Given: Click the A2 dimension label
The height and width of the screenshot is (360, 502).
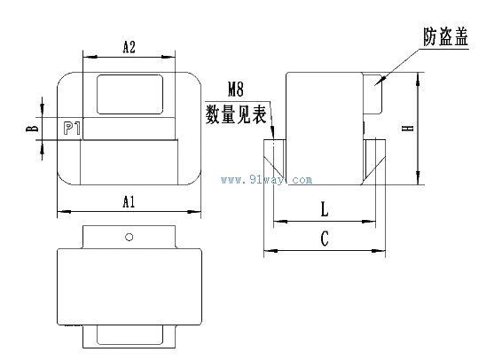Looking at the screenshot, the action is [129, 47].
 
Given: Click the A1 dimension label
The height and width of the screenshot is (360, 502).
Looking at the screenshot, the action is [129, 202].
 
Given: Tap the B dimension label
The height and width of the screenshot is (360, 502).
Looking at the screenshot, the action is [32, 129].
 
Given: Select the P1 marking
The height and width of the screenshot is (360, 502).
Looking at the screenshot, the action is [72, 129].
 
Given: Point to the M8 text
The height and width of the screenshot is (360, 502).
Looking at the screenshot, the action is [236, 90].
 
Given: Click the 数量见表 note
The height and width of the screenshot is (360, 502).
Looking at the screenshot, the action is [236, 114].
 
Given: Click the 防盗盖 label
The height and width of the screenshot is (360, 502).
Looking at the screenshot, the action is [445, 37].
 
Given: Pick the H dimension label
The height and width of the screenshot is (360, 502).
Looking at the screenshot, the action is [408, 128].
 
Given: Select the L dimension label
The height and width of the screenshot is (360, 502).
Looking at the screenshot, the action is [325, 210].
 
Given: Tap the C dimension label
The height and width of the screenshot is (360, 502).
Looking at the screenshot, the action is [325, 239].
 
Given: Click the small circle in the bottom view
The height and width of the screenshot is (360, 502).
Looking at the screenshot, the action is [129, 237].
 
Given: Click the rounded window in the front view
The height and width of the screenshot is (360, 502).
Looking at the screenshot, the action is [129, 94].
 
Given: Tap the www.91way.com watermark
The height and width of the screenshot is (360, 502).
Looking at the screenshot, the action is [266, 180].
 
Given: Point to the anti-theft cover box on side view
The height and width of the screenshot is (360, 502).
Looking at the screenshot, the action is [373, 93].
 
